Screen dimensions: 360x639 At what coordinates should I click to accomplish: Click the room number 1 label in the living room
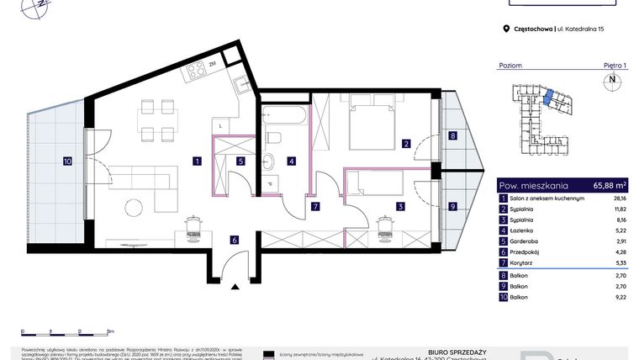tap(195, 160)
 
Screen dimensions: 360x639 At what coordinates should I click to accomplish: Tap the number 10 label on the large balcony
tap(67, 160)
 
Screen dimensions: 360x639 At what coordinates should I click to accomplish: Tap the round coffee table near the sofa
tap(133, 207)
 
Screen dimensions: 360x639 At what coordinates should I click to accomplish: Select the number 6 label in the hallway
tap(235, 240)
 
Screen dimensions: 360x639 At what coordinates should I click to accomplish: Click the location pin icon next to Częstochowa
tap(505, 29)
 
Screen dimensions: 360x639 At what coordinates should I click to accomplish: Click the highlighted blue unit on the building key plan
tap(548, 98)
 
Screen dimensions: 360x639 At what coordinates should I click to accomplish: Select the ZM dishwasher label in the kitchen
tap(214, 64)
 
